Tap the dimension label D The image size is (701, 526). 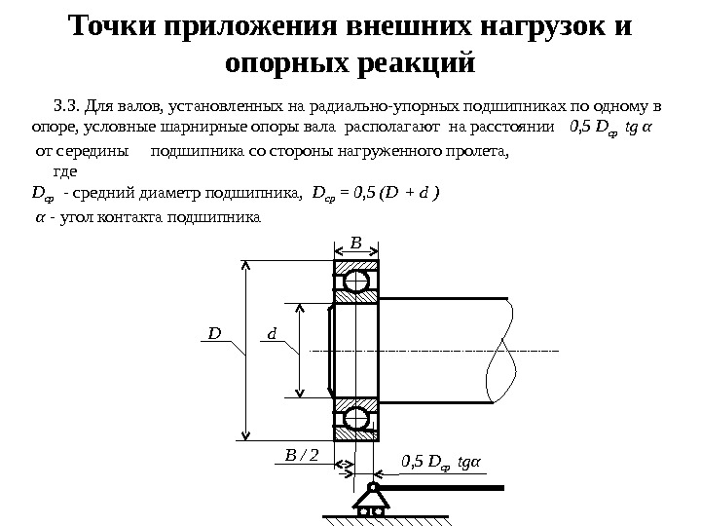click(213, 334)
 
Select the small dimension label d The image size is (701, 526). click(273, 334)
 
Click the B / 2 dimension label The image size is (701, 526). click(302, 454)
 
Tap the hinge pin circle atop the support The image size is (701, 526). click(372, 487)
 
